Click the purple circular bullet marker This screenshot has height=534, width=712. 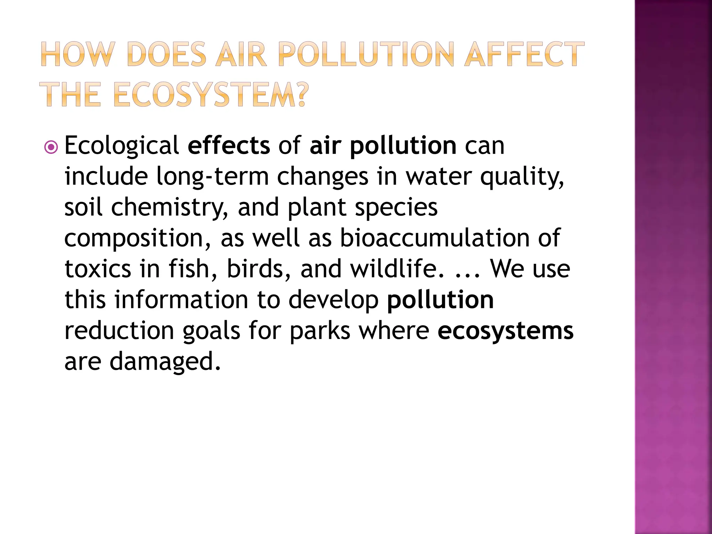[51, 147]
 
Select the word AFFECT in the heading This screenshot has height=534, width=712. [525, 54]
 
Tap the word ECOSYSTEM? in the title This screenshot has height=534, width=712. [211, 95]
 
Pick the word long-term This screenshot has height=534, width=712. [212, 176]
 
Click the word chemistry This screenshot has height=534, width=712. [170, 208]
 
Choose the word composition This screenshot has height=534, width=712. [138, 238]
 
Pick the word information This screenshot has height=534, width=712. [181, 300]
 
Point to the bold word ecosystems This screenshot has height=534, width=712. [505, 331]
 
